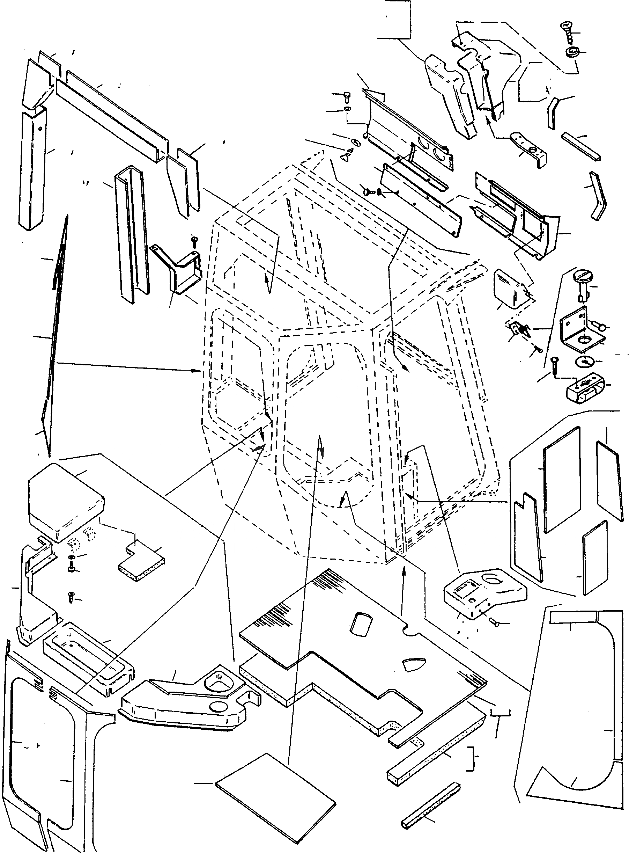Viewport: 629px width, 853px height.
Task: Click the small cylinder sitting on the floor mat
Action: pyautogui.click(x=359, y=625)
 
